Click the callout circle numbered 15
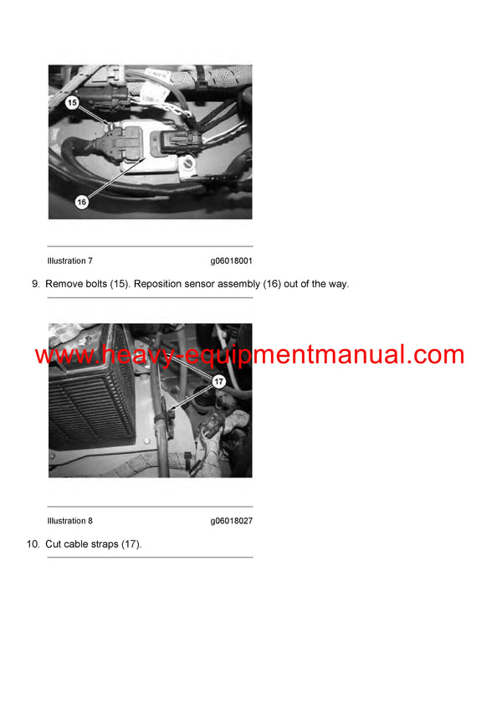point(72,102)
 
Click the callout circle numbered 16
point(81,202)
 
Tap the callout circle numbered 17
point(219,382)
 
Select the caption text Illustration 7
point(70,261)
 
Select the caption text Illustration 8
point(70,521)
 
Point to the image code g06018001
point(232,261)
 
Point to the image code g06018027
point(232,521)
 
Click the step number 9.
point(35,284)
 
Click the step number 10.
point(33,544)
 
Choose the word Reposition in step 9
point(159,284)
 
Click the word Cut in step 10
point(54,544)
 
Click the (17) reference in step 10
point(131,544)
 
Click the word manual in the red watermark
point(372,355)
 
